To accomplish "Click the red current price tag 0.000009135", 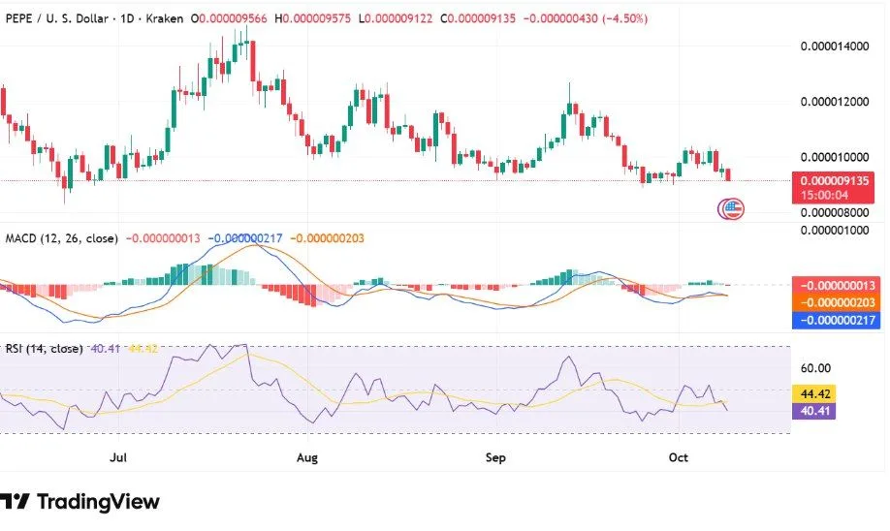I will pos(837,180).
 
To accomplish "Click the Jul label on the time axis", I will pos(119,454).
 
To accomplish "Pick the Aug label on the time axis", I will pos(307,454).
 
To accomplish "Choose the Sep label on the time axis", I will pos(495,454).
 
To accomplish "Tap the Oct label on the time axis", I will pos(678,454).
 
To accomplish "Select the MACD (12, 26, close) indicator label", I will pos(62,238).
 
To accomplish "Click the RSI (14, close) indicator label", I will pos(44,350).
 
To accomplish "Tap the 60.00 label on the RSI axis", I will pos(816,368).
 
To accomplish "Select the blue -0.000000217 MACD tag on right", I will pos(837,320).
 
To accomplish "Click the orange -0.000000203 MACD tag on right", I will pos(837,302).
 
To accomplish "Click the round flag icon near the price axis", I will pos(729,207).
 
